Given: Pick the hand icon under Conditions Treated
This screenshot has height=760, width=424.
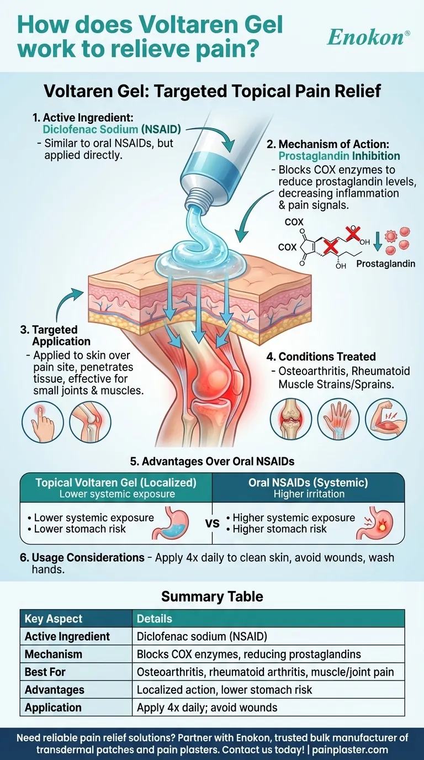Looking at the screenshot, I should tap(339, 419).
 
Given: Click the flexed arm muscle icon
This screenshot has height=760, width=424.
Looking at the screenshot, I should tap(386, 419).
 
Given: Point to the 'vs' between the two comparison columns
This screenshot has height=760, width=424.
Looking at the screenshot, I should tap(213, 523).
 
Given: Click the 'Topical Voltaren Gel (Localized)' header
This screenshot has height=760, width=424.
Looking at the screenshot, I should tap(116, 482).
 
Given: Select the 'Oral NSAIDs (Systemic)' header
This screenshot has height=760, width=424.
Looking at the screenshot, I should tap(309, 482).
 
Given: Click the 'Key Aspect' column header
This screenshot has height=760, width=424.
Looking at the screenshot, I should tap(54, 619).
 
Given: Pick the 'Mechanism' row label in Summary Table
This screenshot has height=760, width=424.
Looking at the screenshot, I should tap(54, 654).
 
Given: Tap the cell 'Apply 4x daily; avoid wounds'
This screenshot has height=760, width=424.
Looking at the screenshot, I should tap(207, 707).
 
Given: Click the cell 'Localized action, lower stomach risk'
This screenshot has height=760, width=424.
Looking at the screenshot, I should tap(224, 689).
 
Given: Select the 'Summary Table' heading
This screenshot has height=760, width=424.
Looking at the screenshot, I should tap(212, 596).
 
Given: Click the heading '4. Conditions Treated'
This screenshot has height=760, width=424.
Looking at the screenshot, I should tap(327, 357).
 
